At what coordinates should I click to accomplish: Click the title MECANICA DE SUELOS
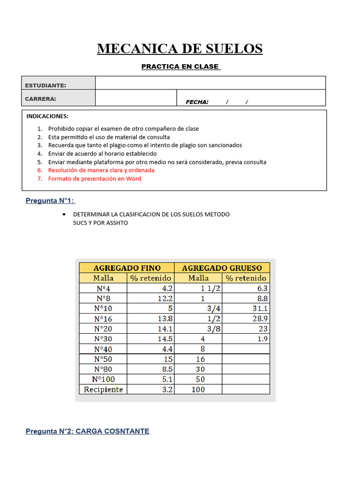pos(180,48)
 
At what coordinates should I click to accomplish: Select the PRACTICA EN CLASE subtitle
pos(180,67)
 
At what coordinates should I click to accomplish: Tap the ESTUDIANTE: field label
pos(45,85)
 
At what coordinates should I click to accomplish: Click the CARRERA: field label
pos(40,98)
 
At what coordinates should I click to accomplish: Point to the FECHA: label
pos(197,102)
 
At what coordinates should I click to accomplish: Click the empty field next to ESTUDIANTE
pos(210,83)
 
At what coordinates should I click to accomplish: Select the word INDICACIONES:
pos(47,116)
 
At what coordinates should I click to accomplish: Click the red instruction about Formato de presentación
pos(94,179)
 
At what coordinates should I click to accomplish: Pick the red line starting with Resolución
pos(101,170)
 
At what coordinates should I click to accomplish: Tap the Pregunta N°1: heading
pos(50,201)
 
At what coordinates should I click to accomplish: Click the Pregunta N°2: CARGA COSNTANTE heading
pos(87,431)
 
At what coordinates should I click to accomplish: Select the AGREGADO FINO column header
pos(127,268)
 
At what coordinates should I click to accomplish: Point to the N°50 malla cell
pos(104,359)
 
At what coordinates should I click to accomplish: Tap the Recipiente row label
pos(104,390)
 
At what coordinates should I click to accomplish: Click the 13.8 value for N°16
pos(164,319)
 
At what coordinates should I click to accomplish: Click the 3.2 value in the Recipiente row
pos(166,390)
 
